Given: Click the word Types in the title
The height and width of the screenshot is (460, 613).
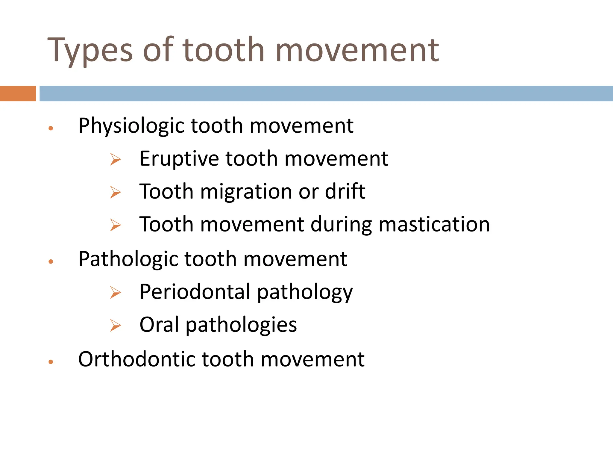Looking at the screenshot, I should click(x=90, y=50).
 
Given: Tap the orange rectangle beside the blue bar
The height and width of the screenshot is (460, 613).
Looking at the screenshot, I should click(x=18, y=93).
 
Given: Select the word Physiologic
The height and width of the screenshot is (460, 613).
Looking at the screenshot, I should click(x=131, y=126).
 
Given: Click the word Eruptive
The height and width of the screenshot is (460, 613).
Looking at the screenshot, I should click(x=179, y=159).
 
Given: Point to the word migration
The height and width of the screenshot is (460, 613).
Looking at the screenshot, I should click(x=246, y=192).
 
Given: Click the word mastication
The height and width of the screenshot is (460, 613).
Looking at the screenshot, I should click(x=434, y=225).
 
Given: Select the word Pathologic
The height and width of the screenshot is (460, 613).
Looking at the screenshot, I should click(x=128, y=259).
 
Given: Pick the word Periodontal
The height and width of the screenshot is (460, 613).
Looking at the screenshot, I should click(x=195, y=292).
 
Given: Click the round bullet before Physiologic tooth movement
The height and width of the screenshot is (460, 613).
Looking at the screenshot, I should click(x=51, y=128).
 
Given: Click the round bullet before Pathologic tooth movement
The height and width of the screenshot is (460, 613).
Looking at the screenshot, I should click(x=51, y=262).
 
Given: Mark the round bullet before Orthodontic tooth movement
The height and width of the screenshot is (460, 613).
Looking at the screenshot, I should click(x=51, y=362).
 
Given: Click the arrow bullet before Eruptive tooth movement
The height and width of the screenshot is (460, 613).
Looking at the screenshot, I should click(x=115, y=159).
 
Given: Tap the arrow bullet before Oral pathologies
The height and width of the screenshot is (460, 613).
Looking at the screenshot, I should click(x=115, y=325).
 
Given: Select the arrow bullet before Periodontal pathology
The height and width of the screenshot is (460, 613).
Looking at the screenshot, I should click(x=115, y=292).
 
